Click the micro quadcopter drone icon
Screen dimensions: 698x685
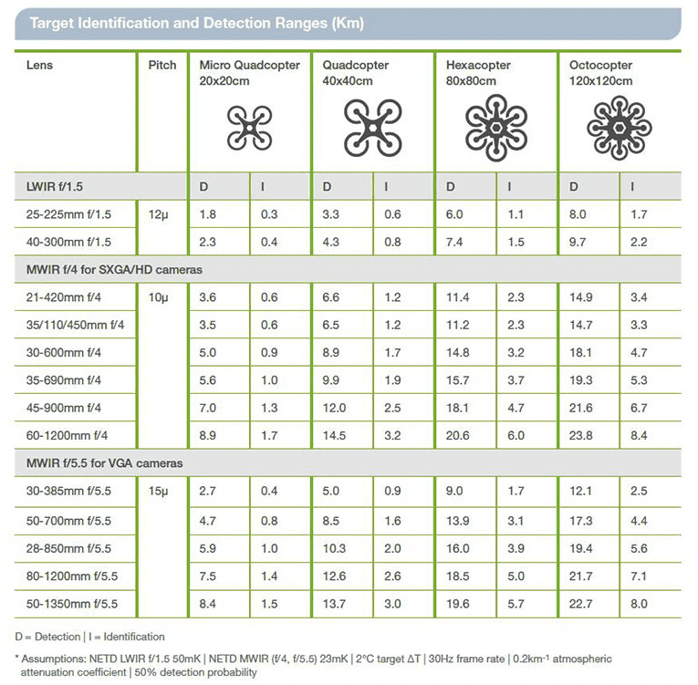[x=250, y=129]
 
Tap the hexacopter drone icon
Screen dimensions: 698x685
[x=496, y=128]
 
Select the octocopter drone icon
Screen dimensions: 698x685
[x=620, y=129]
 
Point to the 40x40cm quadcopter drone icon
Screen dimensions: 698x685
[x=373, y=129]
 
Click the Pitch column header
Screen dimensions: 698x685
[x=162, y=65]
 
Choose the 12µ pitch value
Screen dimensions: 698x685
[x=159, y=214]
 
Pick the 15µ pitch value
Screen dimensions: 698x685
[x=159, y=491]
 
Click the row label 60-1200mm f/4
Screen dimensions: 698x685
[x=67, y=435]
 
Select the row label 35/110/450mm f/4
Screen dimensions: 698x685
[x=75, y=325]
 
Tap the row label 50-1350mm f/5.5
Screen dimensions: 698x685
[x=72, y=604]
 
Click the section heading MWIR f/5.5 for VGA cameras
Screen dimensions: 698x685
[x=105, y=463]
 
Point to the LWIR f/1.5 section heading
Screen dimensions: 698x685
[x=55, y=186]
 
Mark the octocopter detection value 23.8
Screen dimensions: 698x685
[x=581, y=435]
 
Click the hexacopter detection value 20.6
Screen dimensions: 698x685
[x=458, y=435]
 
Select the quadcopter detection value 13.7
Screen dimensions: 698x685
[x=334, y=604]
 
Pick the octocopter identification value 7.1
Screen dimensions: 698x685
[x=639, y=576]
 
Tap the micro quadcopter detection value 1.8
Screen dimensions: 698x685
[x=207, y=214]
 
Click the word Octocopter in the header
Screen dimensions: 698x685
[x=600, y=65]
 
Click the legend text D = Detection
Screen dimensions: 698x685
[x=47, y=637]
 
